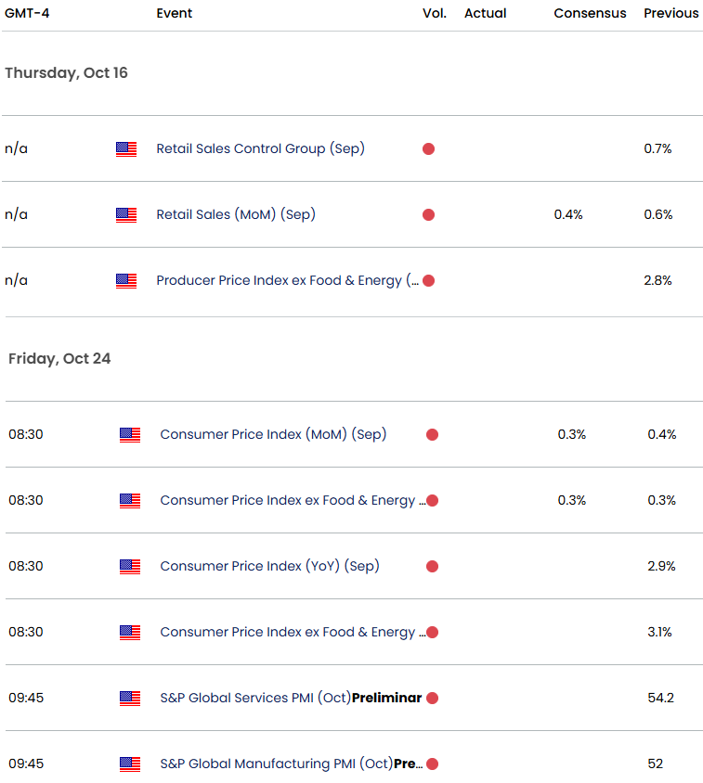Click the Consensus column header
coord(590,13)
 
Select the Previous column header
coord(670,13)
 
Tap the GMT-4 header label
coord(27,13)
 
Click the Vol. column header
coord(435,13)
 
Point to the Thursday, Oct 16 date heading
coord(66,73)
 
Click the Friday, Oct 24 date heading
coord(59,358)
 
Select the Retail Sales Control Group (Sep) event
coord(260,148)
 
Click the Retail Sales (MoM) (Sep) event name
coord(236,214)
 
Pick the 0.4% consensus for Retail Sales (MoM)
coord(568,214)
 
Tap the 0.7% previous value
coord(657,148)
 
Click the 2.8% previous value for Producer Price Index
coord(657,280)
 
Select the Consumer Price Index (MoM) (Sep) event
coord(273,434)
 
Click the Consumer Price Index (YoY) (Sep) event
coord(269,566)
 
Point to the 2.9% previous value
coord(661,566)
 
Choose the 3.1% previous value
coord(661,632)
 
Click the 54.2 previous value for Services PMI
coord(661,698)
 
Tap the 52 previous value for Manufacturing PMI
coord(656,764)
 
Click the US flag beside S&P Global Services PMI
coord(130,698)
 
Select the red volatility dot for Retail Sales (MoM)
coord(428,214)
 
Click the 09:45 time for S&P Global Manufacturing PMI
coord(25,764)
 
